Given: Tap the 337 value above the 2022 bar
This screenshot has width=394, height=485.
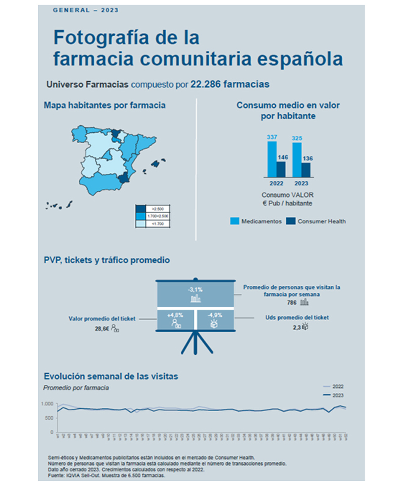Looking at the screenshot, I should (x=272, y=137).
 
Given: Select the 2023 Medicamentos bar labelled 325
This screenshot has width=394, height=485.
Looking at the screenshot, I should (x=297, y=159).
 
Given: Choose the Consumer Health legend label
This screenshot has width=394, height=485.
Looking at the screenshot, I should (x=322, y=221).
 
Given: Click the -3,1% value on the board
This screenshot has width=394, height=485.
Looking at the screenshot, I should (x=195, y=290).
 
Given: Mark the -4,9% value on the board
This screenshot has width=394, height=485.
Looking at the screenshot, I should (x=215, y=315).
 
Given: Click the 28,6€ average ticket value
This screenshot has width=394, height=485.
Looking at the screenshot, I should (x=102, y=327).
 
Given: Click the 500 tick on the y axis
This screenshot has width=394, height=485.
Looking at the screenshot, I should (x=49, y=418).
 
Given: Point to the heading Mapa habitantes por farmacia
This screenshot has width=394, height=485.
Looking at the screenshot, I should (x=104, y=105).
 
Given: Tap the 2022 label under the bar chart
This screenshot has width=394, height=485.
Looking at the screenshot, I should (x=277, y=184).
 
